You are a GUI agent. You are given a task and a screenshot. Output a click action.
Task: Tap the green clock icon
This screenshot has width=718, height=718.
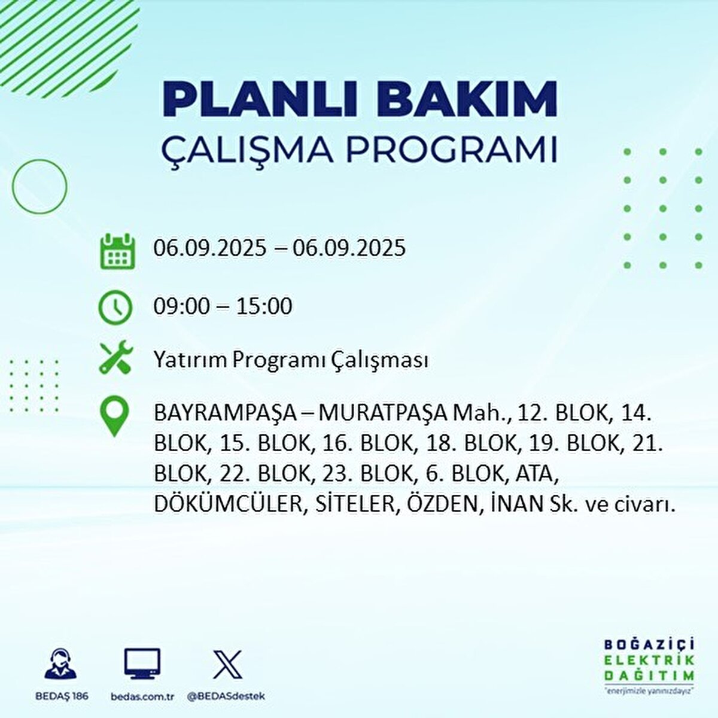click(115, 307)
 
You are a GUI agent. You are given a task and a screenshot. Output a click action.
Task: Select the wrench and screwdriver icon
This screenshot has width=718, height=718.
click(115, 358)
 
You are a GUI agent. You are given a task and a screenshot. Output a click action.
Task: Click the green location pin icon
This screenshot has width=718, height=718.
click(114, 416)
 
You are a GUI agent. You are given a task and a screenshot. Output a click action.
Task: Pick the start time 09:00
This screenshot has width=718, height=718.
click(182, 306)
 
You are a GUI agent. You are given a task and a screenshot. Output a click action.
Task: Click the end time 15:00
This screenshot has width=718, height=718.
click(264, 306)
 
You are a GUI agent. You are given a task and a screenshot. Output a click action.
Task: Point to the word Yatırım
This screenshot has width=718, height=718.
click(190, 360)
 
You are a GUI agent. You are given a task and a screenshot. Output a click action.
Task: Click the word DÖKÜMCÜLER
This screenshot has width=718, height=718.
click(226, 504)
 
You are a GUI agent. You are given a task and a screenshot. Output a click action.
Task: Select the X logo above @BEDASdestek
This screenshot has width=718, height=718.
click(227, 665)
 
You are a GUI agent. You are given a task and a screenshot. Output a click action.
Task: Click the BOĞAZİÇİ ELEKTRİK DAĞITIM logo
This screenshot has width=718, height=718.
click(649, 665)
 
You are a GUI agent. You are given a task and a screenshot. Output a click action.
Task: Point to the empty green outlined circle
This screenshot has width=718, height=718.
click(39, 187)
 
